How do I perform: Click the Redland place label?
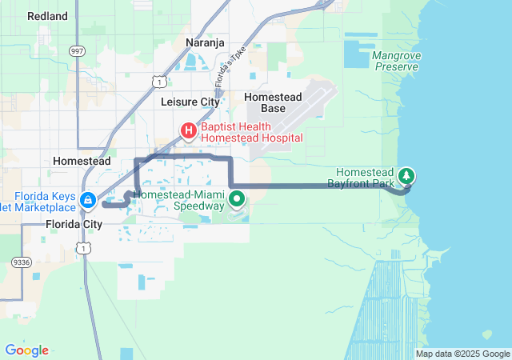coord(47,16)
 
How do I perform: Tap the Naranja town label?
coord(206,42)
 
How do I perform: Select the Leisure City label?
coord(190,102)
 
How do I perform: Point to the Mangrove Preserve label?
coord(395,62)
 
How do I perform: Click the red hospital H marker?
coord(189,130)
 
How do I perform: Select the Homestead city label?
coord(81,161)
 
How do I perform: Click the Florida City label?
coord(74,224)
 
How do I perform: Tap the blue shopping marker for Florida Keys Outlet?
coord(88,198)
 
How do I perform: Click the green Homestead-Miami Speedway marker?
coord(237,198)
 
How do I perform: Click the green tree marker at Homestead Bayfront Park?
coord(406,175)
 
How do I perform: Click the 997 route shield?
coord(77,50)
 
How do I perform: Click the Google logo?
coord(26,350)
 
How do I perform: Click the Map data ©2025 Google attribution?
coord(462,354)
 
